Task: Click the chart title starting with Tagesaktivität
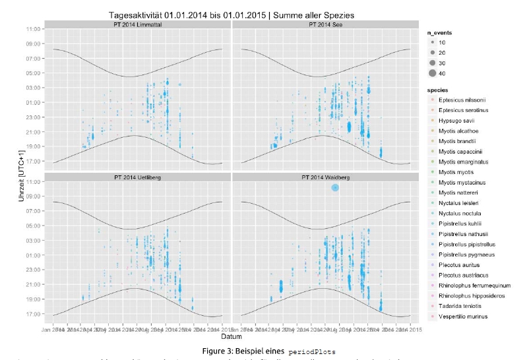click(227, 15)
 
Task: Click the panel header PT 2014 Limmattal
click(137, 24)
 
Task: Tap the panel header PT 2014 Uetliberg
click(137, 177)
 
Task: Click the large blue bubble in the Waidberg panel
click(335, 187)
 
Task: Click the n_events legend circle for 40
click(432, 73)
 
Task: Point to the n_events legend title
click(439, 32)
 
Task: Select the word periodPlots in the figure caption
click(311, 351)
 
